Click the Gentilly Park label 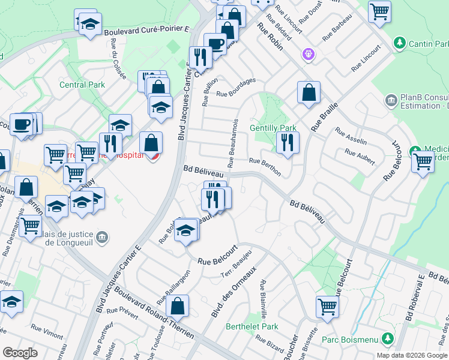point(273,128)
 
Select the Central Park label point(82,85)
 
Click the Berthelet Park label point(252,327)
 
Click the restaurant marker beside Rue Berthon point(288,142)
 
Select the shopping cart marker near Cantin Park point(379,10)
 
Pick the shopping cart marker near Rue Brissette point(327,306)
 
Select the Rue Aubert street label point(360,157)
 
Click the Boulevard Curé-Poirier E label point(146,31)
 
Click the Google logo point(20,353)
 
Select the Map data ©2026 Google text point(411,355)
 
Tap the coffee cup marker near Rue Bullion point(215,43)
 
